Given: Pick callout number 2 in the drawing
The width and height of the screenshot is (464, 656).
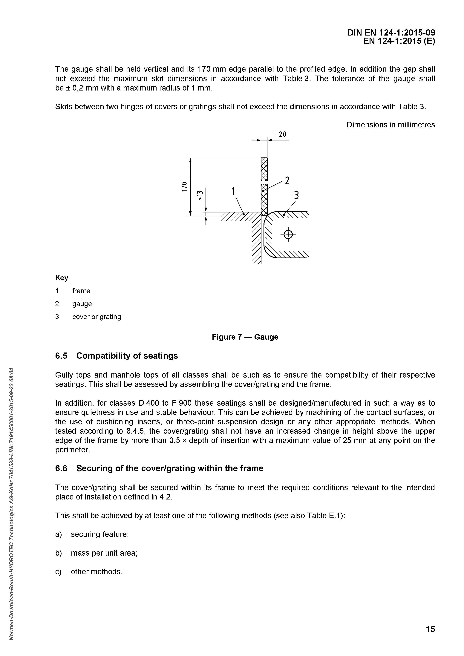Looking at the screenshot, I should tap(287, 181).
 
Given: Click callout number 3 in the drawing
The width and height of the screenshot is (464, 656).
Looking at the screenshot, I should tap(296, 195).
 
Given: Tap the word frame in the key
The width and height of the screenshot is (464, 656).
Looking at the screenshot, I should tap(81, 291).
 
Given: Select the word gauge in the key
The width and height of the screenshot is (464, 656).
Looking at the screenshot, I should tap(82, 304).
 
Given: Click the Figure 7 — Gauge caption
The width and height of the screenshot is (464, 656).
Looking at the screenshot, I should tap(245, 337).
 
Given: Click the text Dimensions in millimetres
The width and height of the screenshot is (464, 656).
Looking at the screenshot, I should tap(391, 125).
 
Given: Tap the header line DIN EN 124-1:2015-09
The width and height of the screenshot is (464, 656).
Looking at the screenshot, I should tap(391, 33).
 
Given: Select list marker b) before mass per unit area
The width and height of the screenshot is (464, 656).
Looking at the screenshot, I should tap(58, 553).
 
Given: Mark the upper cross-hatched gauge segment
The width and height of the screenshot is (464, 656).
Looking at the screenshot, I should tap(264, 169).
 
